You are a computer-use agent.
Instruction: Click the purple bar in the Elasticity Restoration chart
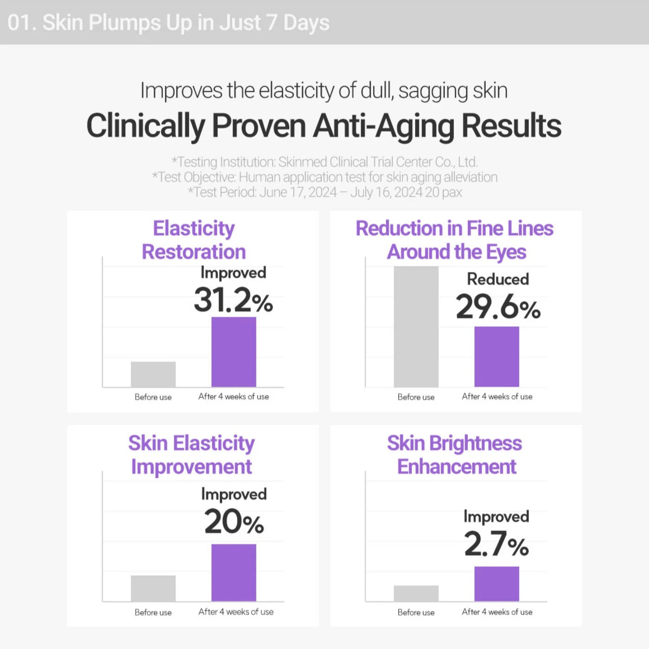[234, 352]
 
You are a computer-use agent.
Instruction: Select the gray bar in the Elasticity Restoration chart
[153, 374]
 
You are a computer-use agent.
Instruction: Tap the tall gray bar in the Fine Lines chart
[416, 327]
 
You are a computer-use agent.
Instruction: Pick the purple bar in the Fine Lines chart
[496, 356]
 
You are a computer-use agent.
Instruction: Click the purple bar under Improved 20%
[234, 573]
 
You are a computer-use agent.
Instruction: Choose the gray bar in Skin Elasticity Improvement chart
[153, 588]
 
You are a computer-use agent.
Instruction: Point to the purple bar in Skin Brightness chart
[496, 584]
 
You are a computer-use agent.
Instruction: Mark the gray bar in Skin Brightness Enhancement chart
[416, 593]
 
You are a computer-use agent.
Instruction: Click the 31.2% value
[233, 300]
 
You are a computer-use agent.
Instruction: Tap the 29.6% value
[498, 307]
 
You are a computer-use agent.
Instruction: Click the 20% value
[234, 522]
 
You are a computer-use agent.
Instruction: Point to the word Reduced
[498, 279]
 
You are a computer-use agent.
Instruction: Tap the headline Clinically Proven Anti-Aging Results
[324, 126]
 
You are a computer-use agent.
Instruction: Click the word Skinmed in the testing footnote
[303, 162]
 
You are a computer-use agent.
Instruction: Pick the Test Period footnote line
[324, 192]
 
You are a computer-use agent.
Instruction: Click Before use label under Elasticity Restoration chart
[153, 397]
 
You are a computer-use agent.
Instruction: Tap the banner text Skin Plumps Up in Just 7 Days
[185, 23]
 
